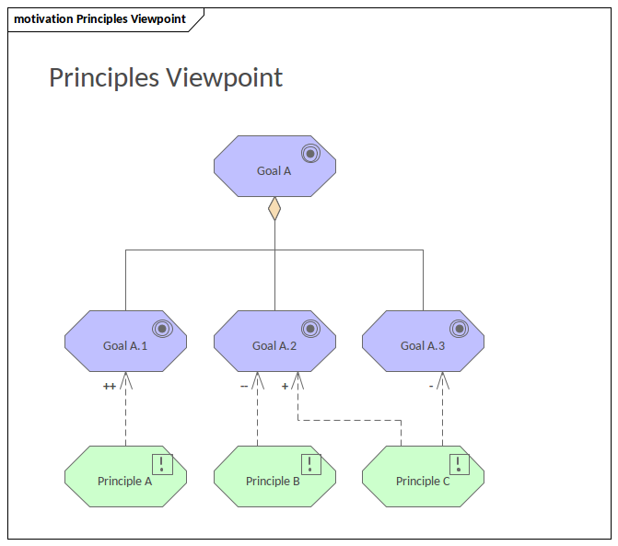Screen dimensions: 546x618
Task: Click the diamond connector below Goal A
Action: coord(274,209)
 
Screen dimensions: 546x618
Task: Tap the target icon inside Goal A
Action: coord(310,154)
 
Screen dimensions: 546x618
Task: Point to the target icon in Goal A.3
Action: coord(459,328)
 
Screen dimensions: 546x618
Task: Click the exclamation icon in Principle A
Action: coord(162,464)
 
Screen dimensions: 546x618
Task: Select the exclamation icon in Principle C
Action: coord(460,464)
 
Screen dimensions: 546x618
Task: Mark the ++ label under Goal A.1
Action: coord(110,387)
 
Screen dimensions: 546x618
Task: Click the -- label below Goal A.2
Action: coord(244,387)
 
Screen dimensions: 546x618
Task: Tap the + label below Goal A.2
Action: coord(285,387)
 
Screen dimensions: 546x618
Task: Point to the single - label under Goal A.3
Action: coord(431,387)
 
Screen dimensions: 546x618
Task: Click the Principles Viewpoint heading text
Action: coord(166,77)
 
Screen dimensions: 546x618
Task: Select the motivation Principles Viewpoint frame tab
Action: coord(99,19)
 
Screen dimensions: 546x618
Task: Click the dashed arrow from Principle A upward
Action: coord(125,414)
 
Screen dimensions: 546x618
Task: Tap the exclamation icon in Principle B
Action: coord(311,464)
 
